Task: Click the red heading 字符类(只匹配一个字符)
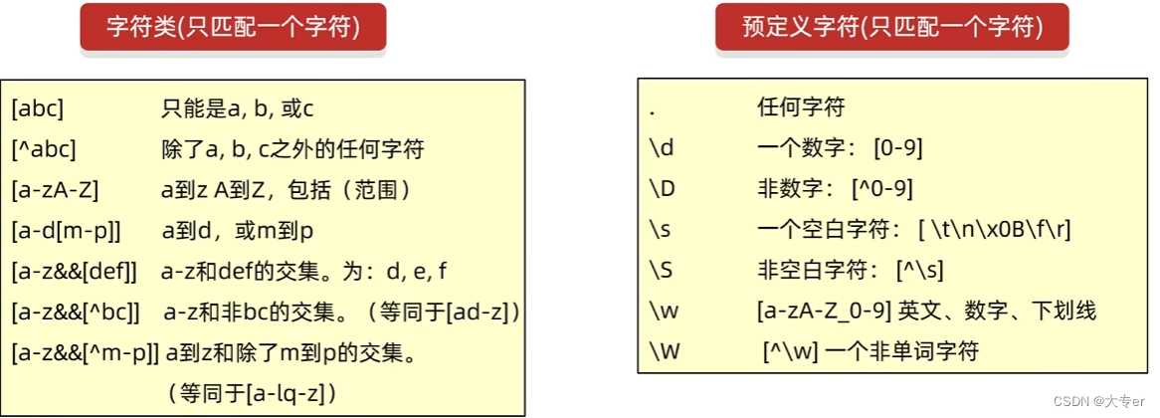pyautogui.click(x=233, y=28)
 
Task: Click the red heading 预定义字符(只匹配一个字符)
pyautogui.click(x=891, y=28)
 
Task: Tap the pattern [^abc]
pyautogui.click(x=44, y=149)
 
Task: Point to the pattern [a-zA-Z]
pyautogui.click(x=55, y=190)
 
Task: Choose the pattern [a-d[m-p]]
pyautogui.click(x=66, y=231)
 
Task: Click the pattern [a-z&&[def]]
pyautogui.click(x=75, y=271)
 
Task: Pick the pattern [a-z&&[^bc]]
pyautogui.click(x=76, y=312)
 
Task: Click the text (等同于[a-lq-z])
pyautogui.click(x=253, y=392)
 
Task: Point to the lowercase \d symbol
pyautogui.click(x=661, y=148)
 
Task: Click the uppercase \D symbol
pyautogui.click(x=662, y=189)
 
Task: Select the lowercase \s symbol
pyautogui.click(x=660, y=229)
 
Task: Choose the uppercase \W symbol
pyautogui.click(x=664, y=351)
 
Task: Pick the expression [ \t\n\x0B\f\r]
pyautogui.click(x=995, y=229)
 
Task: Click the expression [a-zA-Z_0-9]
pyautogui.click(x=824, y=311)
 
